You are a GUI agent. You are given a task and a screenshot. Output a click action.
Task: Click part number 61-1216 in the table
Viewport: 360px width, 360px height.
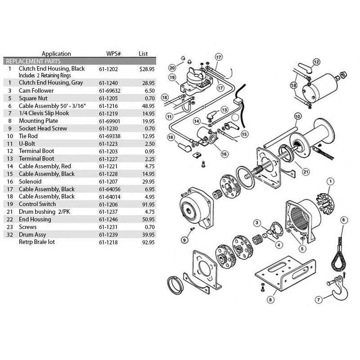click(108, 106)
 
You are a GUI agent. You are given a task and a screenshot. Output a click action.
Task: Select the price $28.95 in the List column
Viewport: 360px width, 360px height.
click(147, 69)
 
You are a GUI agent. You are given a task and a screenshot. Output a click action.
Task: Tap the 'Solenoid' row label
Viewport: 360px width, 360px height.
click(30, 182)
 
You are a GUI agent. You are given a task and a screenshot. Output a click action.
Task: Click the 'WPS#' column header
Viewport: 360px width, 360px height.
click(113, 54)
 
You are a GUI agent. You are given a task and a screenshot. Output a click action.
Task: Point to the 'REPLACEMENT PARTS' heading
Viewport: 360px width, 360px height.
click(33, 61)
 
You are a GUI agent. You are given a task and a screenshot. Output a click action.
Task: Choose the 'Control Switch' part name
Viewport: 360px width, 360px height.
click(37, 204)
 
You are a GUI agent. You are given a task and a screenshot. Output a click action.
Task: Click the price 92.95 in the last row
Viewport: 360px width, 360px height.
click(148, 242)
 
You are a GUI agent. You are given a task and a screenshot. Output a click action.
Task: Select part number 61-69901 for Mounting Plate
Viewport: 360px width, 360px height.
click(109, 121)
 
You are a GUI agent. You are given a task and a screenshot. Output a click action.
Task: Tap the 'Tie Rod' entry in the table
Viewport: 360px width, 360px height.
click(28, 136)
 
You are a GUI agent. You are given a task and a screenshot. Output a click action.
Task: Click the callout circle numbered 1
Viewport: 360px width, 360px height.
click(330, 182)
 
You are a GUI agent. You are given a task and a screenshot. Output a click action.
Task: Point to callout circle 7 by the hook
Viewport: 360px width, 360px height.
click(319, 300)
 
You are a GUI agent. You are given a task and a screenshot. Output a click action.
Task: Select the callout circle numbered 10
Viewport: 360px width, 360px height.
click(297, 117)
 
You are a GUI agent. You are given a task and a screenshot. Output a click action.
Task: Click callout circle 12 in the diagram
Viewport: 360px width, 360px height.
click(316, 62)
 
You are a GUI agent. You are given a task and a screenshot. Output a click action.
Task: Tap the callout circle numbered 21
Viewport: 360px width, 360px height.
click(306, 172)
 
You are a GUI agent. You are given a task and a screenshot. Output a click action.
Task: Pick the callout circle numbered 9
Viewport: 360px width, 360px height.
click(184, 240)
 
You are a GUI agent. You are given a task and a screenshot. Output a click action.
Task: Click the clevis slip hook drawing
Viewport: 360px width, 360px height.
click(338, 287)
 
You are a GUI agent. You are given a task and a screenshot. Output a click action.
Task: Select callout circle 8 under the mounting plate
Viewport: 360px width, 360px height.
click(270, 300)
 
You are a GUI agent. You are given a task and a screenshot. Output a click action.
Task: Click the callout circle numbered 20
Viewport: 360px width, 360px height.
click(172, 68)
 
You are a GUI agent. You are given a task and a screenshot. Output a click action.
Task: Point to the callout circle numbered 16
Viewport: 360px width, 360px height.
click(224, 154)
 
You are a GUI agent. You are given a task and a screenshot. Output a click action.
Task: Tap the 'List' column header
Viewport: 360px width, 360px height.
click(143, 54)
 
